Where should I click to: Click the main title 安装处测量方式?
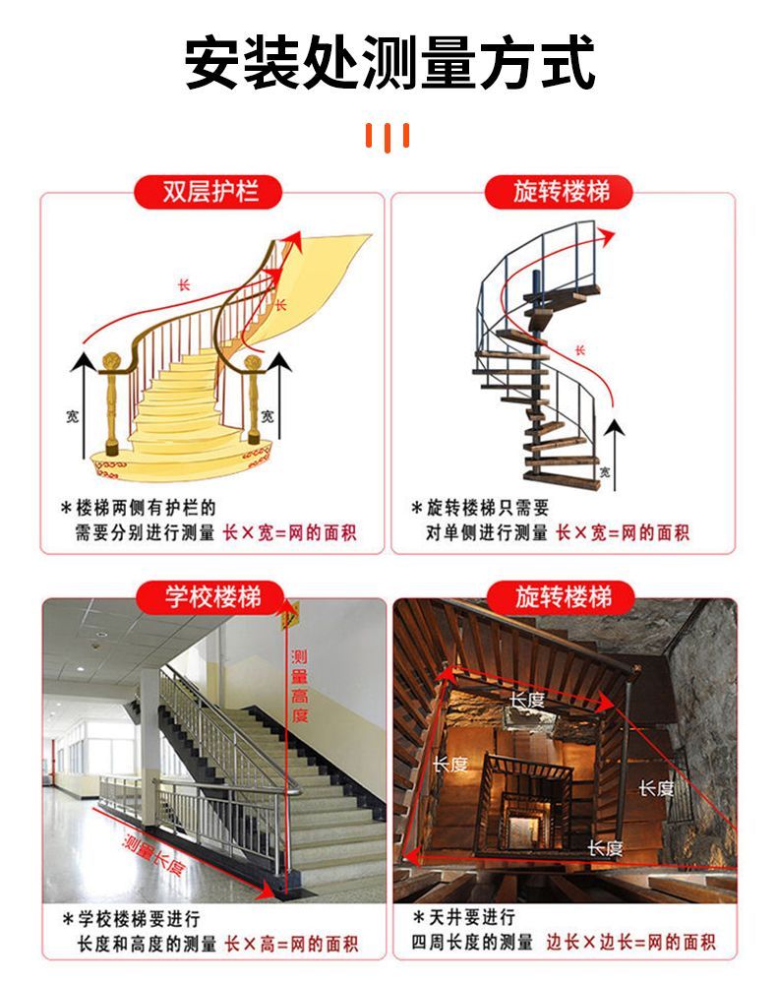coord(388,61)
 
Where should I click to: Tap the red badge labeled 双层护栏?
coord(209,192)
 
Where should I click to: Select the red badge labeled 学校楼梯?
coord(212,596)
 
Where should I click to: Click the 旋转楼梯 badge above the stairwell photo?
coord(562,596)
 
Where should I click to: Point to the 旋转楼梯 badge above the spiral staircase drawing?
coord(559,192)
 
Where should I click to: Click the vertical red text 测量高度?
coord(300,686)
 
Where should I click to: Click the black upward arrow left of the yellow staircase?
coord(83,405)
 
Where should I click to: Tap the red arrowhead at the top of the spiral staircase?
coord(606,237)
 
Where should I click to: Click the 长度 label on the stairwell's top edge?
coord(527,699)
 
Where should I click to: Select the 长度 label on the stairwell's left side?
coord(450,764)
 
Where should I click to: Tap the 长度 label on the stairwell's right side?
coord(657,787)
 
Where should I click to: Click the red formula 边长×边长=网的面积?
coord(630,942)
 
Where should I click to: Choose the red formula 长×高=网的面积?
coord(291,944)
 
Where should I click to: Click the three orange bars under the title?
coord(388,136)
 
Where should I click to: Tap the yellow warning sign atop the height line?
coord(290,616)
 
